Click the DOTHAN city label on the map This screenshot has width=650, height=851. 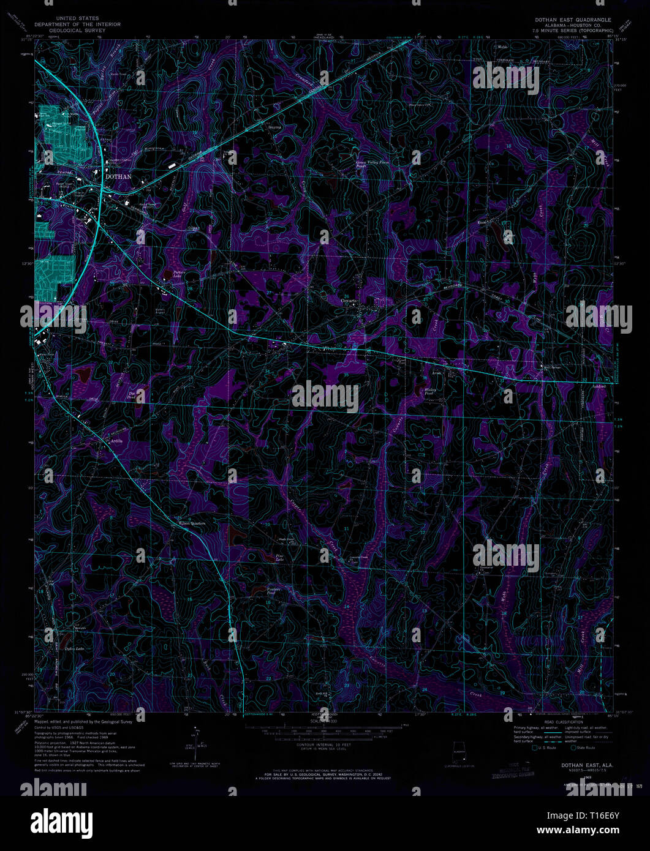(x=119, y=176)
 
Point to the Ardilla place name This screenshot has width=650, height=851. (x=116, y=441)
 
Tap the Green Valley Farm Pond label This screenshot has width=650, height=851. (x=372, y=164)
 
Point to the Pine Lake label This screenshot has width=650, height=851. (x=279, y=558)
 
